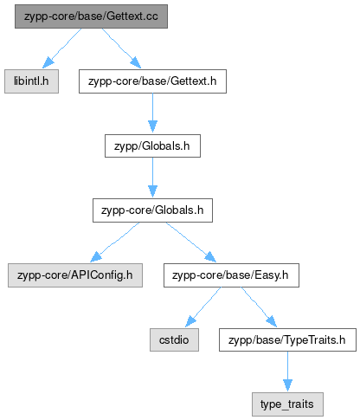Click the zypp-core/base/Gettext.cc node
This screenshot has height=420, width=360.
click(91, 16)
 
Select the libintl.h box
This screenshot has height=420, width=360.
click(31, 81)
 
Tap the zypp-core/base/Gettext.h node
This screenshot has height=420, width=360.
click(152, 81)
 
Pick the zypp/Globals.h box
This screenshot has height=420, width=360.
click(152, 145)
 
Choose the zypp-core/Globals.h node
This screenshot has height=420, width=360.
click(152, 210)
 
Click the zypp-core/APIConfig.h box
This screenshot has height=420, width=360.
click(75, 275)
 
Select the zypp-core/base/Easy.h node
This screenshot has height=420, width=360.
click(231, 275)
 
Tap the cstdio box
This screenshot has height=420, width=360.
click(174, 339)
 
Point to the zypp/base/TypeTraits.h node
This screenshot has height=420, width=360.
click(287, 339)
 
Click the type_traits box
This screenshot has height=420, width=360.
click(287, 404)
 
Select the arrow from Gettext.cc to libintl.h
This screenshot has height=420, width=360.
click(62, 48)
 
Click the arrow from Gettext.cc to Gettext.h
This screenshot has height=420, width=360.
click(121, 48)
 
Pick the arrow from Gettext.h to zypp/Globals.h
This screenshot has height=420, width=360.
click(152, 113)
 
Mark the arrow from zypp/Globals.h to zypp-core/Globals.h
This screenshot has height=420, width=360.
click(152, 178)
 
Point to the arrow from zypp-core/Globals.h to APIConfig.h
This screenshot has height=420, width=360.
click(115, 242)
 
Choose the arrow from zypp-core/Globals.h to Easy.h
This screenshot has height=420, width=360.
click(191, 242)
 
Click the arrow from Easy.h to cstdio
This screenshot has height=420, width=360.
click(203, 307)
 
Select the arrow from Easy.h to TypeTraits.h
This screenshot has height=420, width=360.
click(259, 307)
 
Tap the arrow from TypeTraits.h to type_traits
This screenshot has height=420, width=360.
click(287, 372)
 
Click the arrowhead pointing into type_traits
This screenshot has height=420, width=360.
click(287, 385)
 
